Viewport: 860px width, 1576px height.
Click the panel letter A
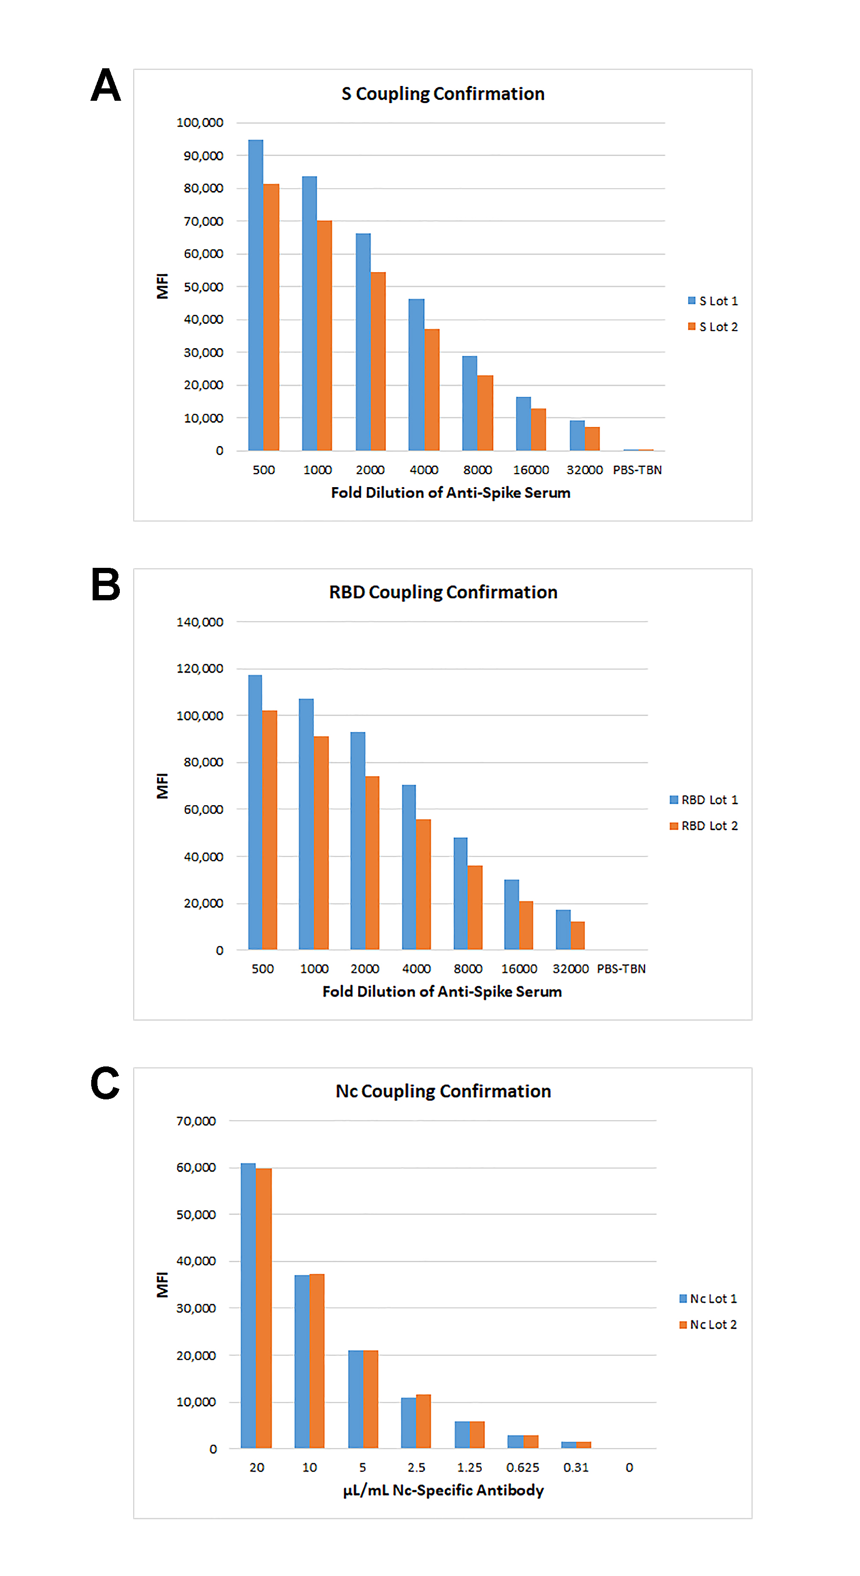(106, 85)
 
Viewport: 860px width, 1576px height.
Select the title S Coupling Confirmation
(443, 94)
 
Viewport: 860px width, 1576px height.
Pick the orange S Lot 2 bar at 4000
(432, 390)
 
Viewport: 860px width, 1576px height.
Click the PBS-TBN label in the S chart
(637, 470)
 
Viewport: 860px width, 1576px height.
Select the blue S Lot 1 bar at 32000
(577, 436)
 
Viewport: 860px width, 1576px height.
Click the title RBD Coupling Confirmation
(443, 592)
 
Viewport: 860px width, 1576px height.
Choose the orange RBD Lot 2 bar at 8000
(475, 907)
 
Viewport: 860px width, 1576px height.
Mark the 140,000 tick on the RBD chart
(200, 622)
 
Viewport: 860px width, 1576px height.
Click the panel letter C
(105, 1083)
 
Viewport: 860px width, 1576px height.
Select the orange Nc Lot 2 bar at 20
(264, 1308)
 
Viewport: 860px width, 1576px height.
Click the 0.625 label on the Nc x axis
(522, 1467)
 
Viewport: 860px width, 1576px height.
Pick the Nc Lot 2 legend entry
(708, 1324)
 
